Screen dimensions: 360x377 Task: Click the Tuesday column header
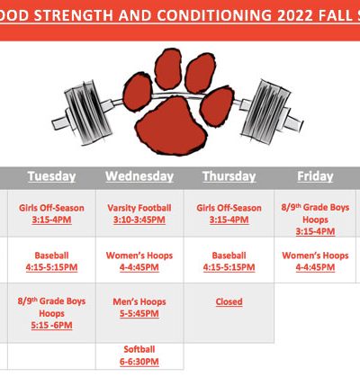tap(51, 176)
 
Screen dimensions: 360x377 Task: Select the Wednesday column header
tap(139, 176)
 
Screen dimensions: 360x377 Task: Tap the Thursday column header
tap(229, 176)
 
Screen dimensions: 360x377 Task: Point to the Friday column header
tap(315, 176)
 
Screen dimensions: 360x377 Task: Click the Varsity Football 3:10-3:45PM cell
tap(139, 213)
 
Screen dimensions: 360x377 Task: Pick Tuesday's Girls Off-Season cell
tap(51, 213)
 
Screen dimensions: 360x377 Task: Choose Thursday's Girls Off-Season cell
tap(229, 213)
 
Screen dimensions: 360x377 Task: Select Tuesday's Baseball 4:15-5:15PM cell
tap(51, 261)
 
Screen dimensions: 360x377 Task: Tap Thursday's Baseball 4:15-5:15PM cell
tap(229, 261)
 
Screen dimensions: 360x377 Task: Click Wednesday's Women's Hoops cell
tap(139, 261)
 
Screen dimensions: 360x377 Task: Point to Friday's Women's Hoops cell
tap(315, 261)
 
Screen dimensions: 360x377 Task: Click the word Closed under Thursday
tap(229, 301)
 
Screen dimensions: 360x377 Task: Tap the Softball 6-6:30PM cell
tap(139, 356)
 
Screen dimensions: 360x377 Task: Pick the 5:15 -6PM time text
tap(51, 326)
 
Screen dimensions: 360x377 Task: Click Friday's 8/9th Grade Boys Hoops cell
tap(315, 213)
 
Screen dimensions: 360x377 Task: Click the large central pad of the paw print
tap(171, 126)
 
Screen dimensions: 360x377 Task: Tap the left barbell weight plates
tap(87, 112)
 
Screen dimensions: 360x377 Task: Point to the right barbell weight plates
tap(266, 111)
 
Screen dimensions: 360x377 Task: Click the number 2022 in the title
tap(295, 15)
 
